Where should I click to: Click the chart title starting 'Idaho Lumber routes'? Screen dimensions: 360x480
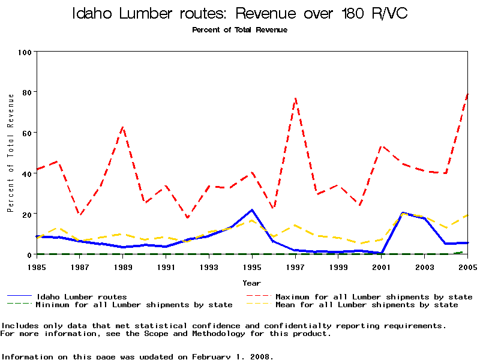click(x=239, y=13)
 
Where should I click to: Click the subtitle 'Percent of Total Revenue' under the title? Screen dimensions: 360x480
click(x=239, y=29)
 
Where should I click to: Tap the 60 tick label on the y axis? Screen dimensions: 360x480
click(x=26, y=133)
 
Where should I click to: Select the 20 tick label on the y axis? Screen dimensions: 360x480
click(x=26, y=214)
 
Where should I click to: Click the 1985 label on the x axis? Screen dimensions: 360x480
click(x=37, y=266)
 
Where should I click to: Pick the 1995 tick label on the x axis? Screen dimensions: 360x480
click(x=252, y=266)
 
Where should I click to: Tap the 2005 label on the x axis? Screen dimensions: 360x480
click(x=467, y=266)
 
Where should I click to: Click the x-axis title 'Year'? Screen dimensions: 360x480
click(x=252, y=283)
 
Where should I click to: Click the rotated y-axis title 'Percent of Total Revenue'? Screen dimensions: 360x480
click(x=10, y=153)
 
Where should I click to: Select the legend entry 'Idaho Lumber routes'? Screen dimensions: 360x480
click(x=81, y=296)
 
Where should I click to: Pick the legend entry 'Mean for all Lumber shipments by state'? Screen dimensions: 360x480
click(x=366, y=305)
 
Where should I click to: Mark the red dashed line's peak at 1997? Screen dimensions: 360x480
click(x=295, y=97)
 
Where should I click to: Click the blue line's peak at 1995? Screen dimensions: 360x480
click(x=252, y=210)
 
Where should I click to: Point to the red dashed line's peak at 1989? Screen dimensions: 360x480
click(x=123, y=127)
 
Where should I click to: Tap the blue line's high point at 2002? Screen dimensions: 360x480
click(x=403, y=213)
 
